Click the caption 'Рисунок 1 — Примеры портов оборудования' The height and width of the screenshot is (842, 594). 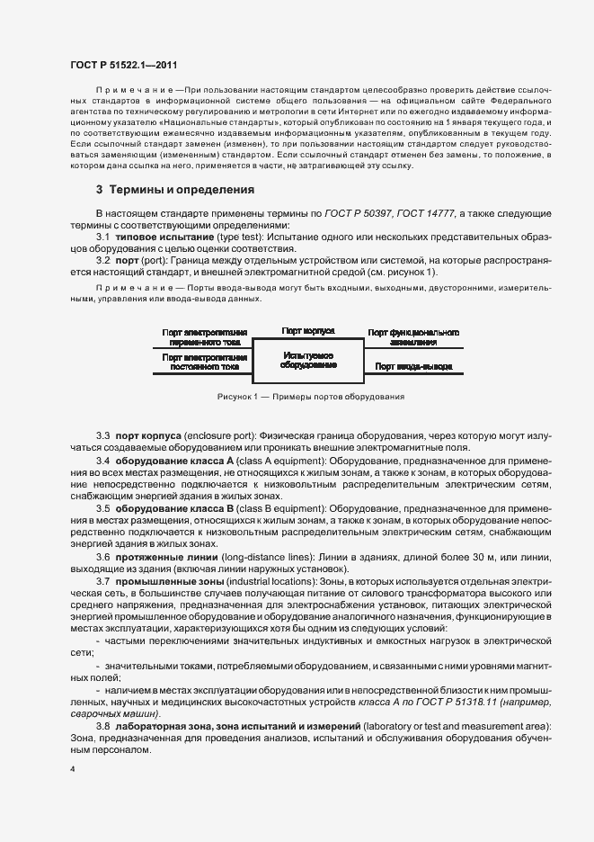310,397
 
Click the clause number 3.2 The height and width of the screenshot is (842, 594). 102,260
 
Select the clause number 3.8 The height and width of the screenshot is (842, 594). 102,725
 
